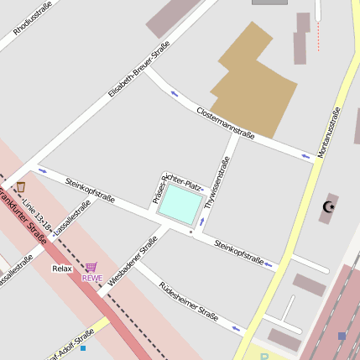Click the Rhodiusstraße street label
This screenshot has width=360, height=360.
pos(33,18)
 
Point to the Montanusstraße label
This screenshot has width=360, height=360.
pos(328,133)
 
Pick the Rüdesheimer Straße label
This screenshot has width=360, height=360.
pos(189,301)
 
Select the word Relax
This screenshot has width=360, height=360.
pos(62,269)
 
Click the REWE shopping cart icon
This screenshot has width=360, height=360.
pos(91,267)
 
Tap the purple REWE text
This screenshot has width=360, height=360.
pos(91,278)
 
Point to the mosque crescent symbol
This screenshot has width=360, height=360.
pos(329,206)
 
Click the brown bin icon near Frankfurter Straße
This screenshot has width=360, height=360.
pos(21,187)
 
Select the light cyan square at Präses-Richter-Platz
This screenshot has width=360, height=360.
pos(181,203)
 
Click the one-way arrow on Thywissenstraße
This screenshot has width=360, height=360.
pos(202,221)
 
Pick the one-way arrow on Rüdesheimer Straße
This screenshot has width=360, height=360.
pos(237,327)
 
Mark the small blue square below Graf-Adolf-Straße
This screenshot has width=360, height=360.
pos(83,347)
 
